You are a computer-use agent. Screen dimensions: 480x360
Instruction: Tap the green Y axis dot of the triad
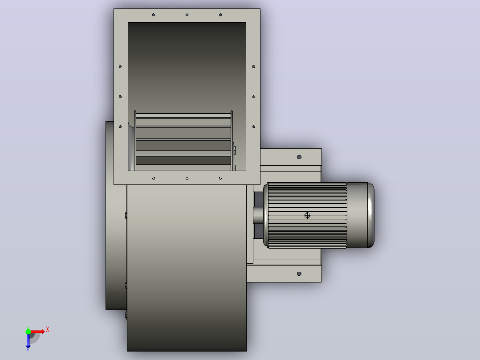click(x=28, y=331)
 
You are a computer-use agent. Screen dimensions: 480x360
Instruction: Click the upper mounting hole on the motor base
click(x=299, y=157)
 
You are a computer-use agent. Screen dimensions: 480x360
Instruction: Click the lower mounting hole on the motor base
click(x=299, y=274)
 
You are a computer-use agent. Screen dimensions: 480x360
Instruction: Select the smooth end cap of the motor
click(x=361, y=215)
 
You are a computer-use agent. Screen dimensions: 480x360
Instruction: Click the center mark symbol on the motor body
click(x=307, y=215)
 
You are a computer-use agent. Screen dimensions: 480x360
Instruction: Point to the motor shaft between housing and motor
click(x=258, y=215)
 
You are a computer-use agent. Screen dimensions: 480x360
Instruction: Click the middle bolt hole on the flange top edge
click(x=187, y=15)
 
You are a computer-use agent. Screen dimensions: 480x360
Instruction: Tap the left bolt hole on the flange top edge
click(x=154, y=15)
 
